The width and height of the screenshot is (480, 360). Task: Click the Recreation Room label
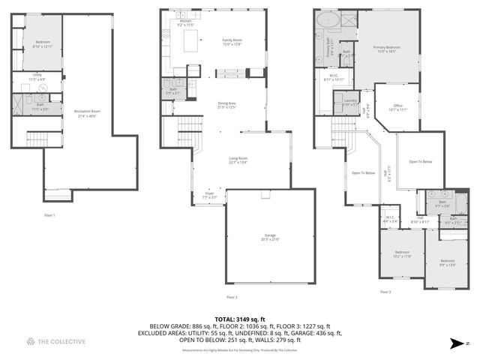click(x=88, y=113)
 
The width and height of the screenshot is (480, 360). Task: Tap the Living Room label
click(x=238, y=159)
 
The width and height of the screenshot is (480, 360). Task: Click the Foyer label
click(x=209, y=194)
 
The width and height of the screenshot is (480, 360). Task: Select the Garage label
click(x=269, y=237)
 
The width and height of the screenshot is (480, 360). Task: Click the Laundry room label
click(x=349, y=102)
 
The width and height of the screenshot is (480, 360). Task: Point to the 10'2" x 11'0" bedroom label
click(x=403, y=253)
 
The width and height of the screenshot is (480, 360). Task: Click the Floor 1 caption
click(x=49, y=215)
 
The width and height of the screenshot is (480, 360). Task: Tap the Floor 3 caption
click(x=385, y=291)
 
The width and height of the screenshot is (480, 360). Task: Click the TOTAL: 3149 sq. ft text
click(x=240, y=319)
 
